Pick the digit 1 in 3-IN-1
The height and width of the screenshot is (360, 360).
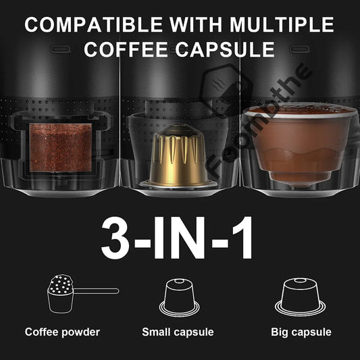tap(241, 238)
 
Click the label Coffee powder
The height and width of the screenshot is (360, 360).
tap(62, 332)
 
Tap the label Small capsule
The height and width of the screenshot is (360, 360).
tap(178, 332)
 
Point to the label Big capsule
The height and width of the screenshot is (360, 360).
tap(301, 332)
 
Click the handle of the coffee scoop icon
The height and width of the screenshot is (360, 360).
tap(98, 290)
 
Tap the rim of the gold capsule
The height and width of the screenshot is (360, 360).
tap(178, 182)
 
